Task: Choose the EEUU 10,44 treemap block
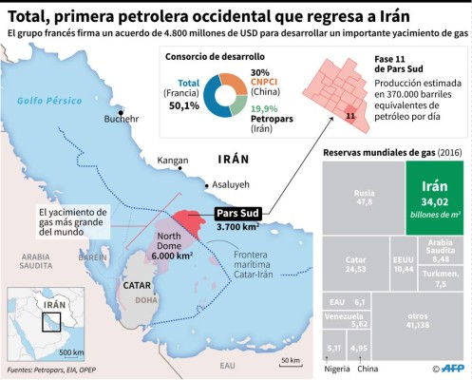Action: click(x=404, y=265)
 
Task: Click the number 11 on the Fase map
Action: click(x=350, y=117)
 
